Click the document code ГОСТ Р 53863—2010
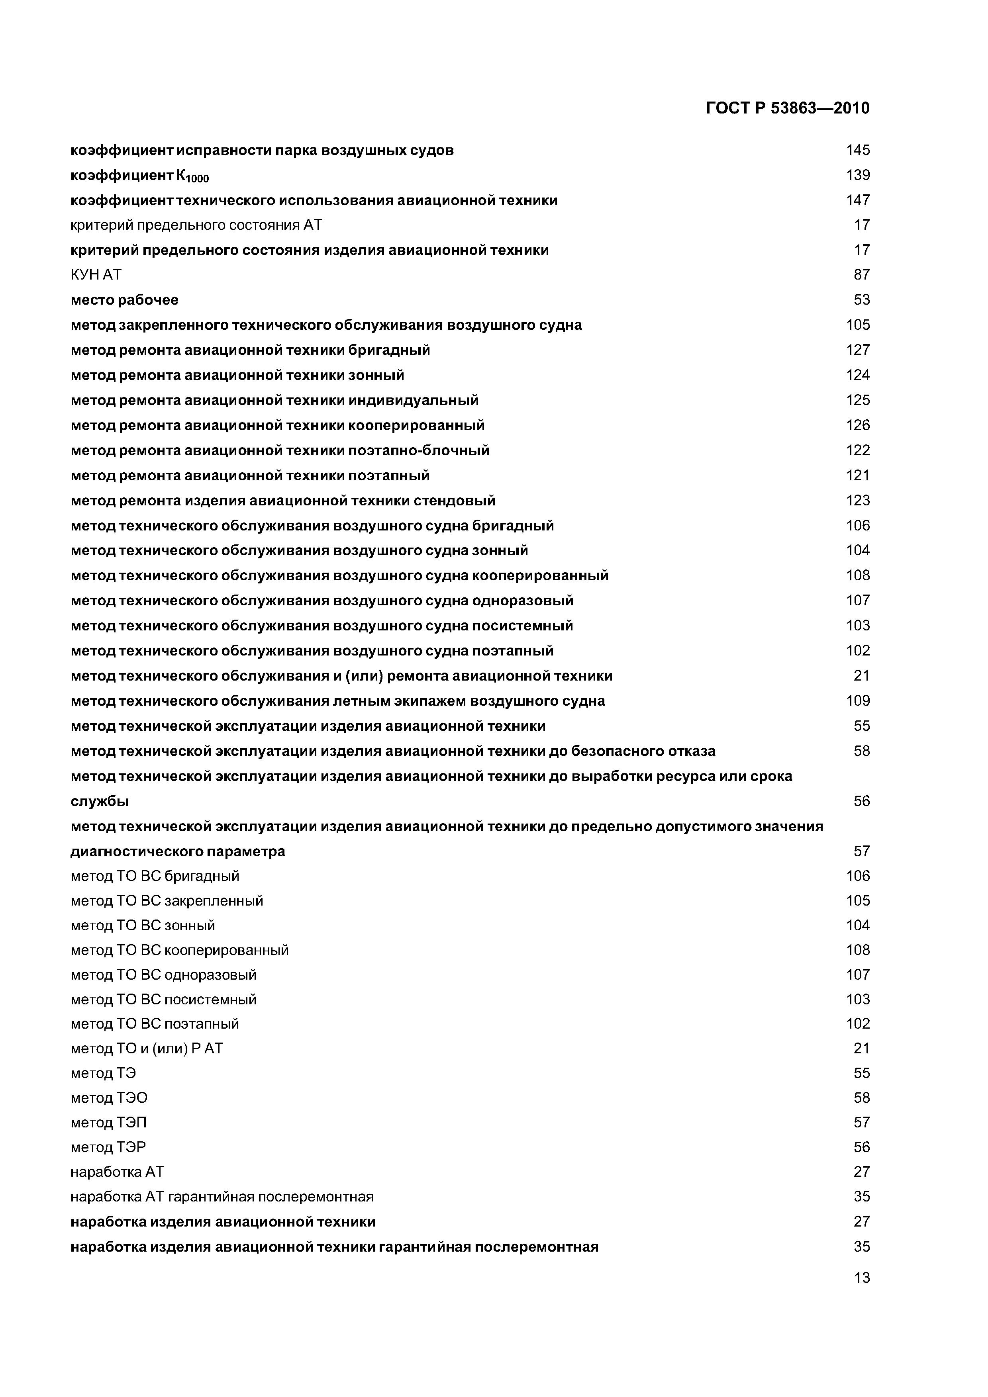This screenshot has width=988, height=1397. [x=787, y=108]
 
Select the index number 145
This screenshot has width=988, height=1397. [x=858, y=150]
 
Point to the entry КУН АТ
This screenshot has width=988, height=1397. [x=96, y=275]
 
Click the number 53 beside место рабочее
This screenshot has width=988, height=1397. [x=861, y=300]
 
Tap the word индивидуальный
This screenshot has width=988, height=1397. [x=414, y=400]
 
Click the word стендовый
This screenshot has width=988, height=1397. [x=455, y=501]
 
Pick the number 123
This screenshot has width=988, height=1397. [x=858, y=501]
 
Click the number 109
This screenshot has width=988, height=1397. [x=858, y=701]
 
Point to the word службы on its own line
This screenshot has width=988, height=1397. [x=100, y=801]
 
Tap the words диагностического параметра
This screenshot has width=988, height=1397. [x=178, y=851]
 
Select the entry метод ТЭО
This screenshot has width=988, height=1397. [x=109, y=1098]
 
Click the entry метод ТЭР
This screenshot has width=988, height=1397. [x=108, y=1147]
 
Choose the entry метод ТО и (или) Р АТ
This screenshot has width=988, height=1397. [x=147, y=1049]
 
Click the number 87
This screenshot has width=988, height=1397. [x=861, y=275]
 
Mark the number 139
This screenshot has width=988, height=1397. [x=858, y=175]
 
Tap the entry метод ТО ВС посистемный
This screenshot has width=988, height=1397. [x=164, y=999]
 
